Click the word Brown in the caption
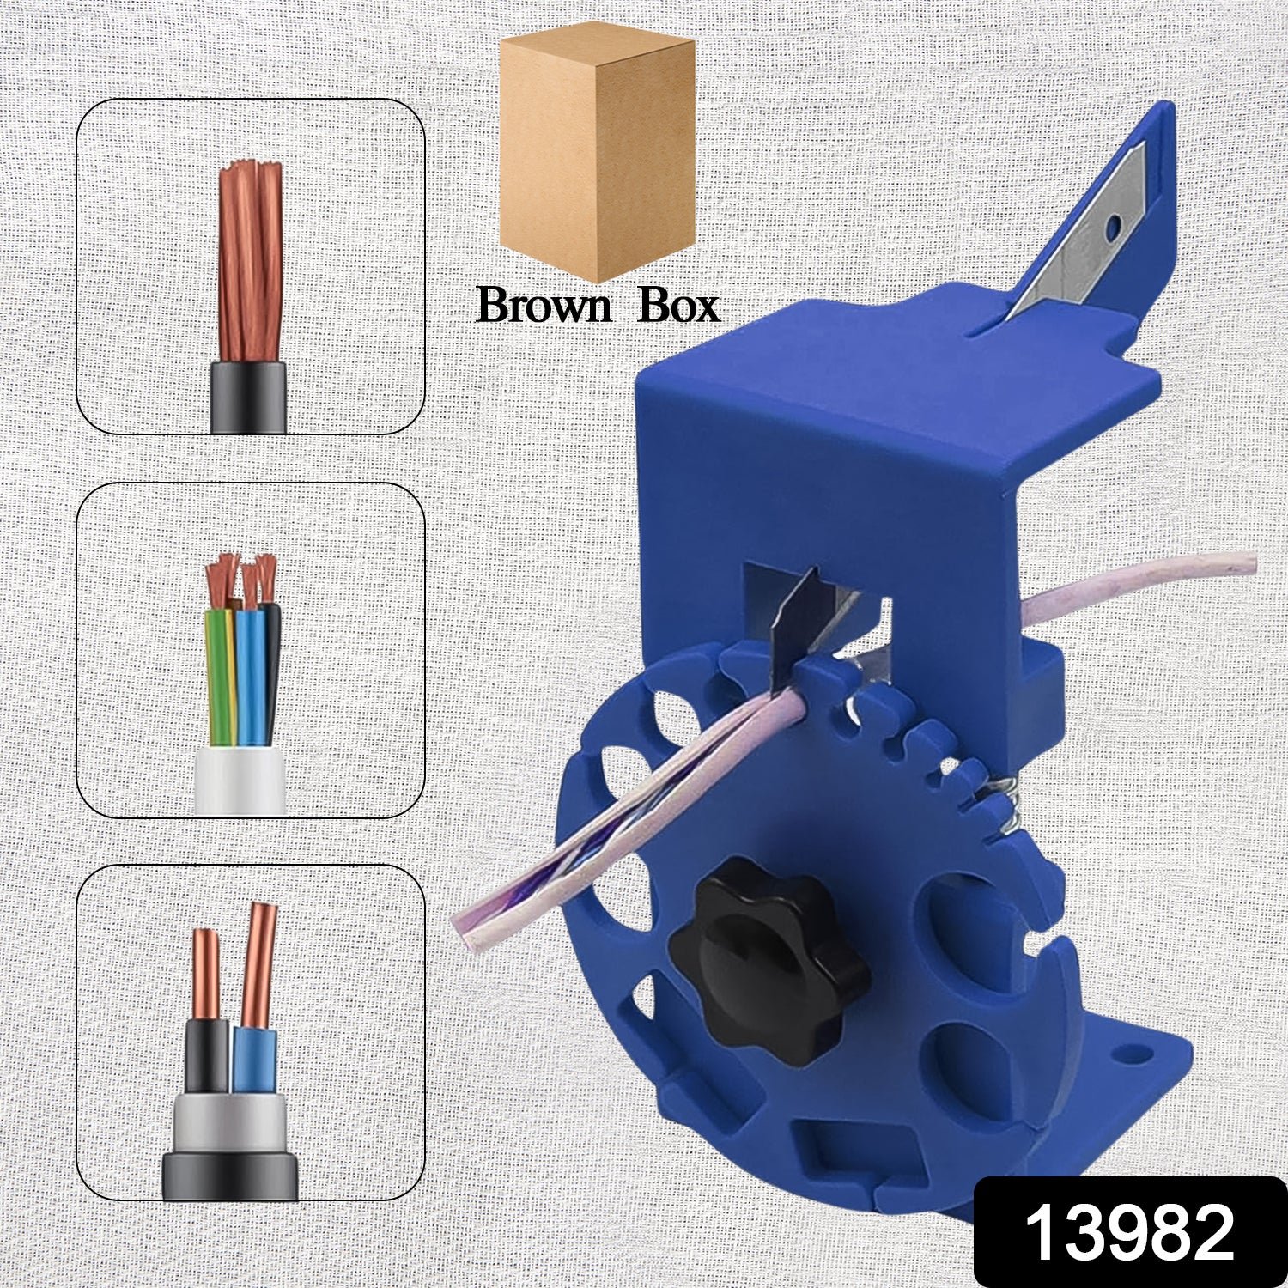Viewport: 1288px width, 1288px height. point(542,306)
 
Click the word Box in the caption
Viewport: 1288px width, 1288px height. point(678,306)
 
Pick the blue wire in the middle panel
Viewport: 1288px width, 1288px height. point(249,678)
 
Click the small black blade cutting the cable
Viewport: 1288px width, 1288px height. point(794,627)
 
